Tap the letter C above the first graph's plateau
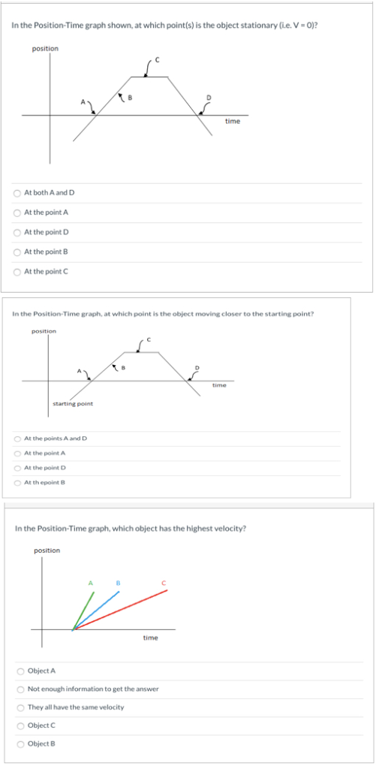[x=158, y=59]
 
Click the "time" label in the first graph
[x=233, y=121]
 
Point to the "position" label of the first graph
[x=45, y=49]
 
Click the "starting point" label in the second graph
[x=73, y=404]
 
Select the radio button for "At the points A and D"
[x=18, y=438]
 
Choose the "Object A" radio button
[x=20, y=671]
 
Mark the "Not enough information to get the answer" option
[x=20, y=689]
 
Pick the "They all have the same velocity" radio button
[x=20, y=707]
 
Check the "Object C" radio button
[x=20, y=725]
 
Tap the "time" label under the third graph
[x=150, y=638]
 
